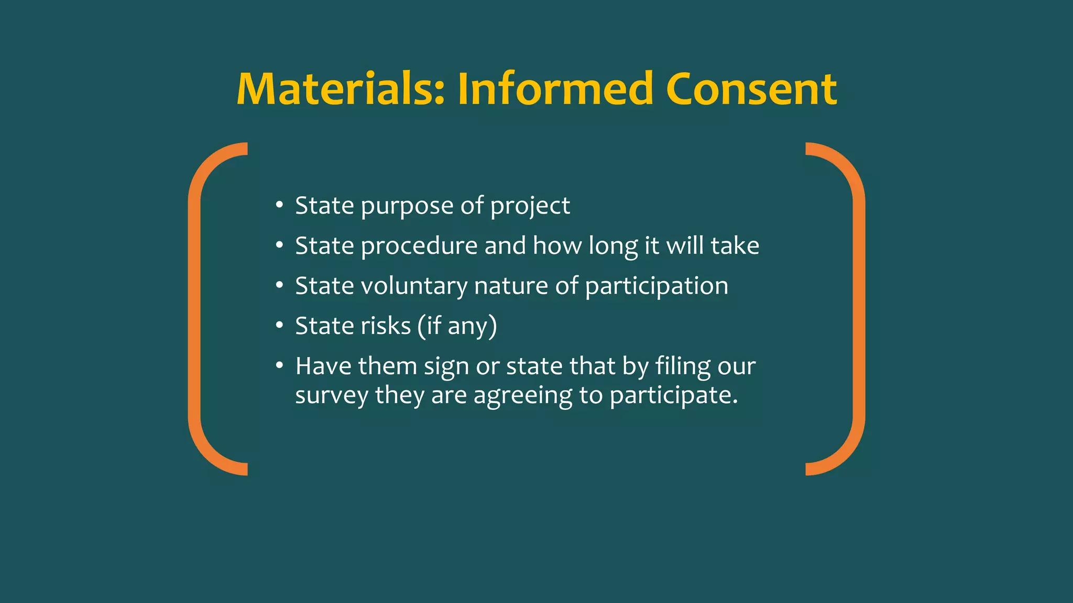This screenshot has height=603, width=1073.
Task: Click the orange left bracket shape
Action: pyautogui.click(x=195, y=309)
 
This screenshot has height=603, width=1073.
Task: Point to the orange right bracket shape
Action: pyautogui.click(x=858, y=309)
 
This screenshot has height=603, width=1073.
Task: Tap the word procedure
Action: pyautogui.click(x=419, y=246)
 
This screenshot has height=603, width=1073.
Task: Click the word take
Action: pyautogui.click(x=736, y=245)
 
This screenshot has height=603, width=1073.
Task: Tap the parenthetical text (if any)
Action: pyautogui.click(x=457, y=327)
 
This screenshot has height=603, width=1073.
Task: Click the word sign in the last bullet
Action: pyautogui.click(x=446, y=367)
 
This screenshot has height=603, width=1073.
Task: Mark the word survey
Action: pyautogui.click(x=332, y=396)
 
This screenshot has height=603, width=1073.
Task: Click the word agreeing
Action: pyautogui.click(x=522, y=396)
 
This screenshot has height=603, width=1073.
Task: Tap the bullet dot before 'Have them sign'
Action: pyautogui.click(x=280, y=365)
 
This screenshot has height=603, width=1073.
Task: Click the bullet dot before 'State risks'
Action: pyautogui.click(x=280, y=326)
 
